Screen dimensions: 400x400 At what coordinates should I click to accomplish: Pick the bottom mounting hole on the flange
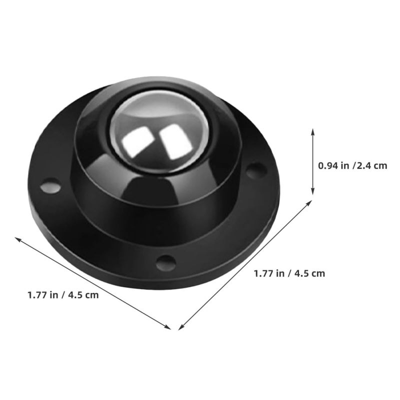coord(164,261)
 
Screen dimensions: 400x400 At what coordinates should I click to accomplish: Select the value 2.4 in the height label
coord(365,165)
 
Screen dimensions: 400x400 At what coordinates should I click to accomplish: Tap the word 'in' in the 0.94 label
coord(344,165)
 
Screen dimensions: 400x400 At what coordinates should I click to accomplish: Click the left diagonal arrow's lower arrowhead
coord(168,327)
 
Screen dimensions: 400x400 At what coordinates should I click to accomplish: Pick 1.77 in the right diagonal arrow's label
coord(263,273)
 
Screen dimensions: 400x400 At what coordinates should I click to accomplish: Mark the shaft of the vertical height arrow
coord(313,161)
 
